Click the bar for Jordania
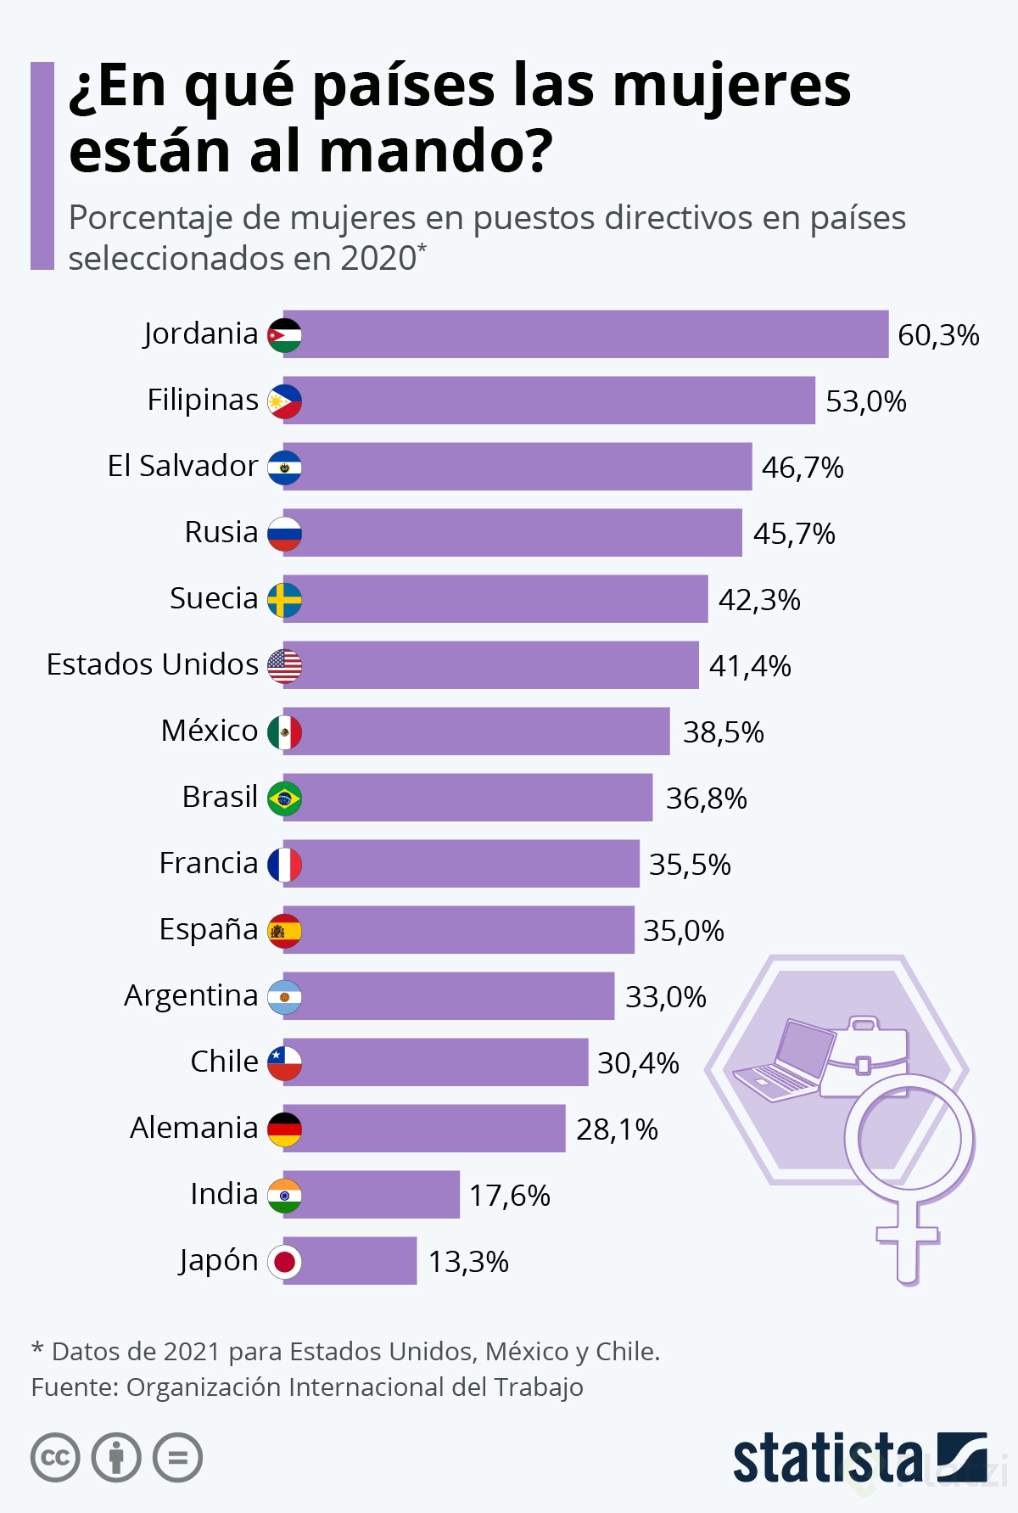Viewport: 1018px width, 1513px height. pos(585,334)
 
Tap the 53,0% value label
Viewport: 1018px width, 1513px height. pos(866,401)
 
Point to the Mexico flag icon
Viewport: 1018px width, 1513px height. pos(284,732)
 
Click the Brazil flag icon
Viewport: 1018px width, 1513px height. pos(284,799)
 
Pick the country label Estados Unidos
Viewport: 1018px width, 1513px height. pos(153,664)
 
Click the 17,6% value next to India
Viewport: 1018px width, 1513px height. pos(510,1196)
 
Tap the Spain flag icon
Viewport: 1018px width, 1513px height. pos(284,931)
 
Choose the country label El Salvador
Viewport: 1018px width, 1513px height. pos(182,466)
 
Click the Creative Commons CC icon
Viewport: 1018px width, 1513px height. pos(55,1458)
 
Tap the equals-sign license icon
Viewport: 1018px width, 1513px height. pos(177,1458)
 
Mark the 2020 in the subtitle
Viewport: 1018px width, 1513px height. pos(378,258)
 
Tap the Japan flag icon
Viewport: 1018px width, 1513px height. pos(284,1262)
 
